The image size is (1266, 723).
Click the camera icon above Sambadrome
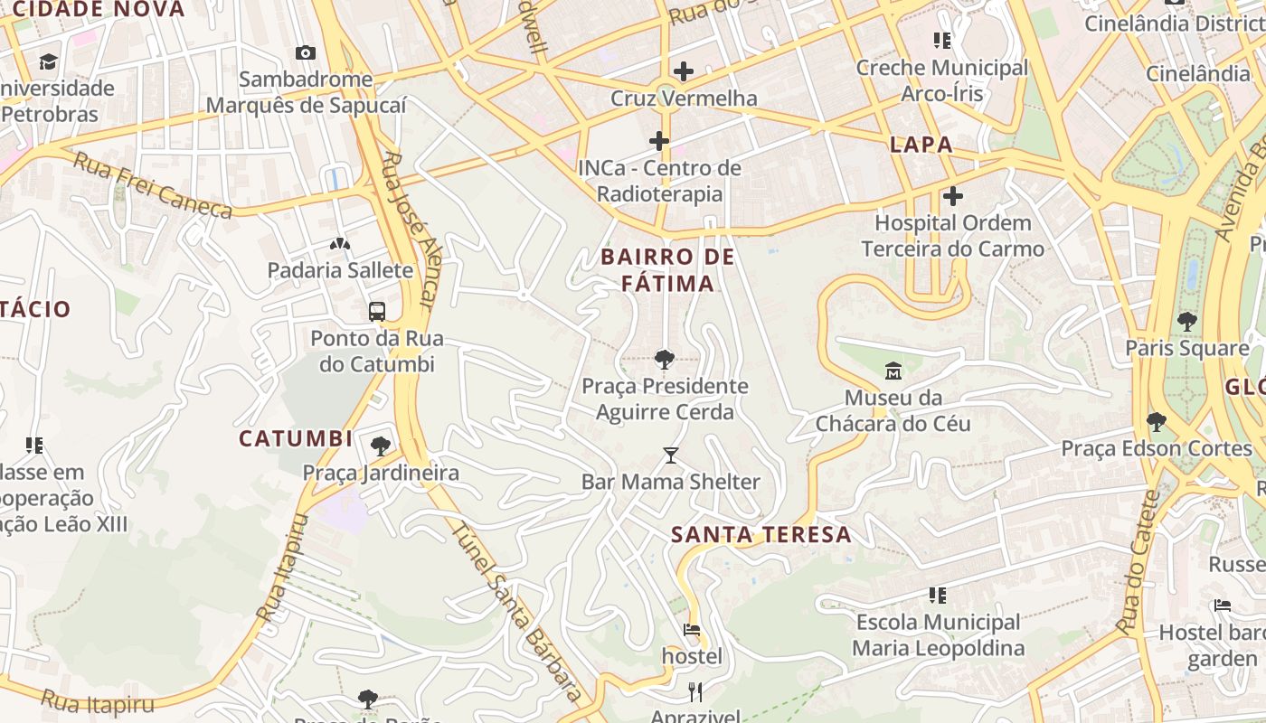click(306, 52)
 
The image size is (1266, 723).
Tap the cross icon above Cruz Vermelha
click(684, 70)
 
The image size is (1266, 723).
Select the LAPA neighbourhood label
click(921, 145)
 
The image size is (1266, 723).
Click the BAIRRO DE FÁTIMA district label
click(668, 270)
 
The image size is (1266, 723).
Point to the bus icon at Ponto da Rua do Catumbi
click(377, 312)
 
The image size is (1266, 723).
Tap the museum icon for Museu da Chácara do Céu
click(893, 371)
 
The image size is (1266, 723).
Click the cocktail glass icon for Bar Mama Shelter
click(670, 455)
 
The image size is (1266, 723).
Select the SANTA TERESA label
click(761, 534)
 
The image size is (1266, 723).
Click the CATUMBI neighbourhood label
click(296, 439)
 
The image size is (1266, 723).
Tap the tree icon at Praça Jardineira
click(381, 446)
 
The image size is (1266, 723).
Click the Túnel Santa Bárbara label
click(515, 613)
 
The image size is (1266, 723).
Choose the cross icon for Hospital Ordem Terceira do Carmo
click(952, 196)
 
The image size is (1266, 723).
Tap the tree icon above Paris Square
click(1186, 321)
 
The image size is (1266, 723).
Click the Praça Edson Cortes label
click(1156, 448)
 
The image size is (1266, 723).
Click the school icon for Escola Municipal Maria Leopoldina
click(938, 595)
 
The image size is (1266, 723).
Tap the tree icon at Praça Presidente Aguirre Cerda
click(665, 360)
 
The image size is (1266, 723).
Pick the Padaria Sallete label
click(340, 270)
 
